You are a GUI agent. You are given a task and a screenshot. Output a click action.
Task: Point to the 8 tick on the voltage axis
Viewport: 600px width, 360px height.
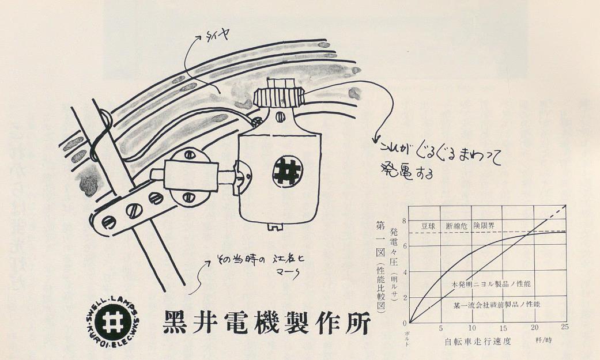click(x=404, y=221)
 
